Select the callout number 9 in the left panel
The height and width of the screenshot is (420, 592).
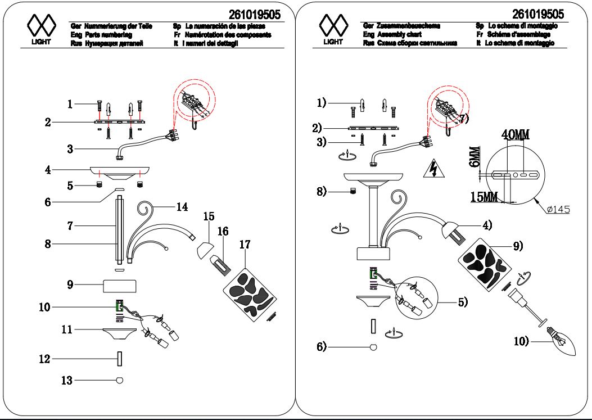click(70, 285)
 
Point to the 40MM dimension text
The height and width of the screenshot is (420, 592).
click(515, 136)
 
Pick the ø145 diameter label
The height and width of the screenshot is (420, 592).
click(558, 209)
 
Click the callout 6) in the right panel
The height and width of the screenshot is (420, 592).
click(320, 347)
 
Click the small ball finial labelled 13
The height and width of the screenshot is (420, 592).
click(119, 380)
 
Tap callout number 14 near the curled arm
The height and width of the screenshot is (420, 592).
click(182, 206)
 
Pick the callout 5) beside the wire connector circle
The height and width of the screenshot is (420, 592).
click(463, 301)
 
